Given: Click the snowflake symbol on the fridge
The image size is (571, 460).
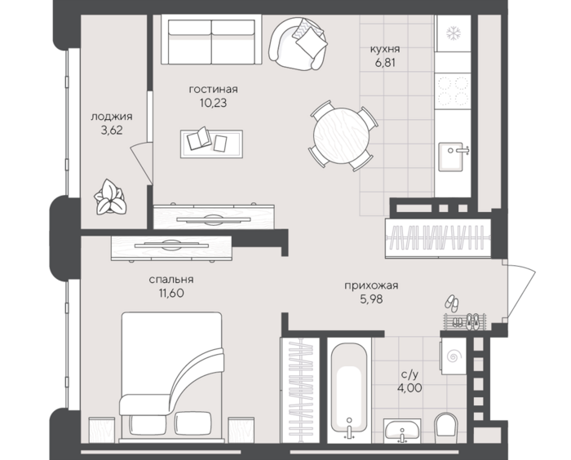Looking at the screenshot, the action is point(453,33).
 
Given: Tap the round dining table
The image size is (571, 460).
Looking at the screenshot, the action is point(342,135).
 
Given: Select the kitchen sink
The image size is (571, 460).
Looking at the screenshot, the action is point(451,157).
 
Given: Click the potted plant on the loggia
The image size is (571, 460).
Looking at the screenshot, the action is point(110,197).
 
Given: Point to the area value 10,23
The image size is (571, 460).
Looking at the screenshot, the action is point(213,103).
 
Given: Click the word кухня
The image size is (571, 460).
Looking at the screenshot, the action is point(385,49).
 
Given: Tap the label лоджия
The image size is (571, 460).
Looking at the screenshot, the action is point(112,117).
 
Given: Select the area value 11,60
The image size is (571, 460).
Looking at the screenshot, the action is point(170,293).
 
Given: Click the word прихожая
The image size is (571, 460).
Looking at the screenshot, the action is point(371,285).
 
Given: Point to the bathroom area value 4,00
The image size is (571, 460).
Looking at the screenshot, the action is point(409,387).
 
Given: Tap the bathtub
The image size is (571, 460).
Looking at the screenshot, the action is point(349,391).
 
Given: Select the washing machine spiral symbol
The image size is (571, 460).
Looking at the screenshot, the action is point(454,356).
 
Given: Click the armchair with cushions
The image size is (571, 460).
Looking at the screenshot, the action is point(298,44).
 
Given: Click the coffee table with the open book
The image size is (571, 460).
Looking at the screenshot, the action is point(211,144).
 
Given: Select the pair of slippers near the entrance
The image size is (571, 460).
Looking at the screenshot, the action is point(452,302).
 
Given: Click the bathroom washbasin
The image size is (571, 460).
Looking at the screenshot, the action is point(402,430).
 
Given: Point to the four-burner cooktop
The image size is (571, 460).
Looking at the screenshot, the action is point(453,91).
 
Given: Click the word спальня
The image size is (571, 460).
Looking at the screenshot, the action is point(171,280).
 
